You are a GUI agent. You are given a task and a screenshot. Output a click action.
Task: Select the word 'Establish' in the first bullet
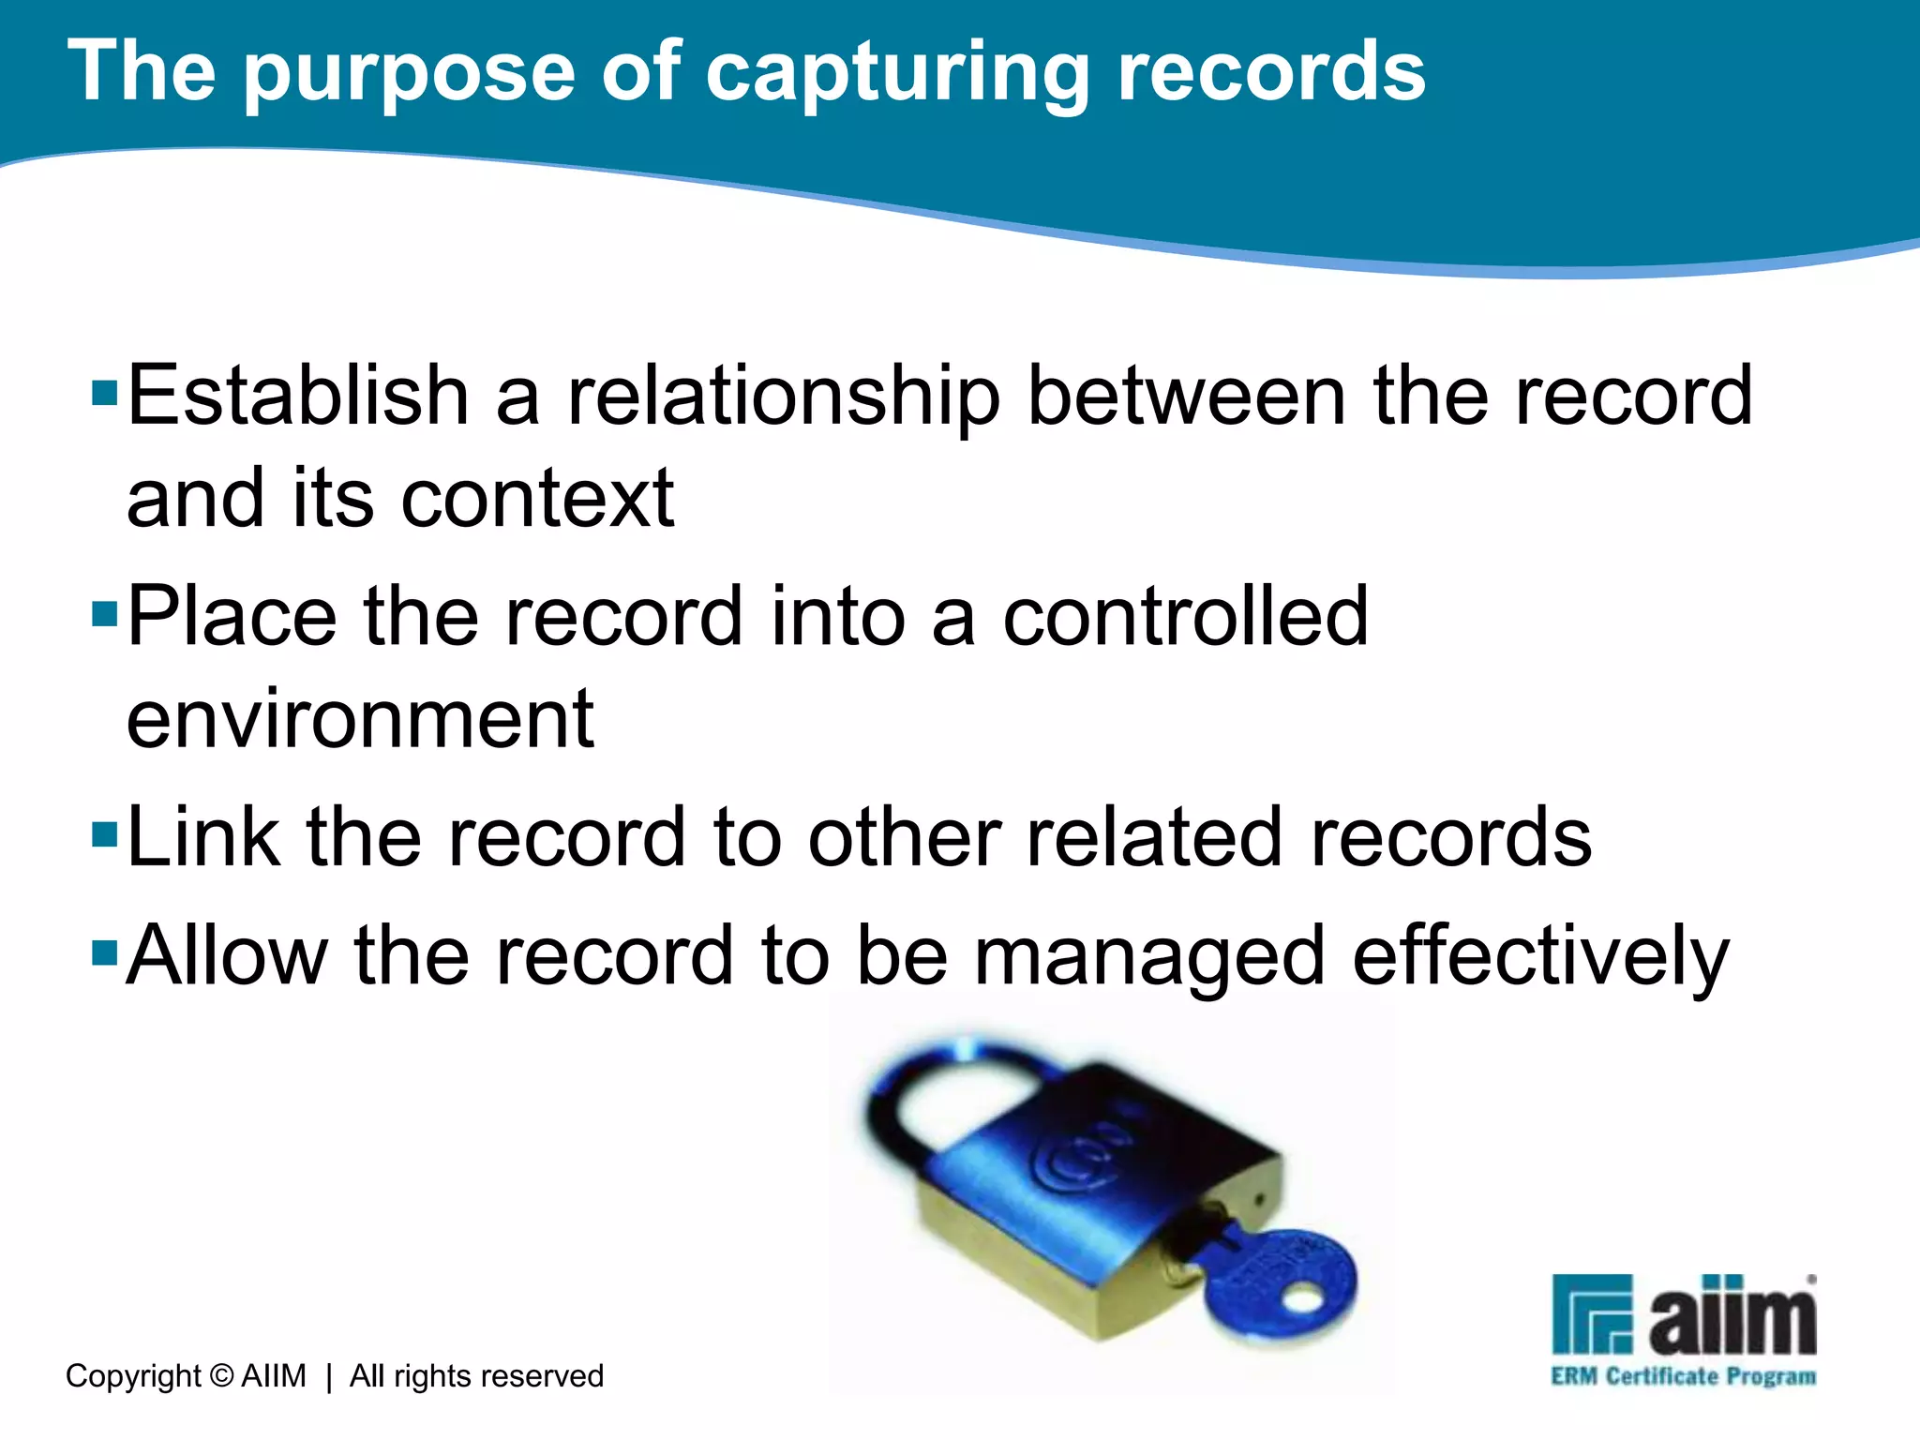(x=297, y=396)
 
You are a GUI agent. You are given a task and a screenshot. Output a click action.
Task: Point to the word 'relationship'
(x=784, y=397)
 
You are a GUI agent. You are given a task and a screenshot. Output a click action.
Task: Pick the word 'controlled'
(x=1185, y=616)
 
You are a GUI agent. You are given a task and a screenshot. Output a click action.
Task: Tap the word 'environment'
(x=360, y=719)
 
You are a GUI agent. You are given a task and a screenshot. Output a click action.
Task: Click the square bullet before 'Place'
(x=104, y=615)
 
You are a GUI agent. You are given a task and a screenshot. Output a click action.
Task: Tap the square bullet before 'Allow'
(x=104, y=954)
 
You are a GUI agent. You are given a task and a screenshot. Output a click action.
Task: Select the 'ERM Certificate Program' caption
(x=1683, y=1376)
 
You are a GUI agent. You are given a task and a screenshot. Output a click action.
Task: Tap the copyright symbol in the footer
(x=221, y=1376)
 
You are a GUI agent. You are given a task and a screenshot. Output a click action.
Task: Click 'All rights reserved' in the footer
(x=476, y=1376)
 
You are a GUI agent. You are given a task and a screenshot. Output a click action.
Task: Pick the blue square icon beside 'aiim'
(x=1593, y=1314)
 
